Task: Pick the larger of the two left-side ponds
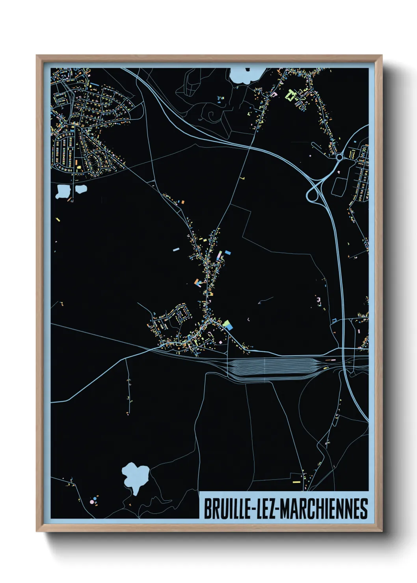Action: (62, 191)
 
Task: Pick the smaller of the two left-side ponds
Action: (81, 189)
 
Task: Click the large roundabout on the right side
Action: (339, 157)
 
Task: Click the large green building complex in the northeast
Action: (291, 95)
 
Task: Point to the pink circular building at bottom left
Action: (92, 502)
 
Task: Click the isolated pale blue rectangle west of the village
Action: (176, 249)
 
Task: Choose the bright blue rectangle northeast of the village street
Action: (227, 253)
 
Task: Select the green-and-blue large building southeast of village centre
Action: (227, 325)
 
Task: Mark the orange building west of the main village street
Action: (196, 281)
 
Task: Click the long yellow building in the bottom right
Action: (296, 482)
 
